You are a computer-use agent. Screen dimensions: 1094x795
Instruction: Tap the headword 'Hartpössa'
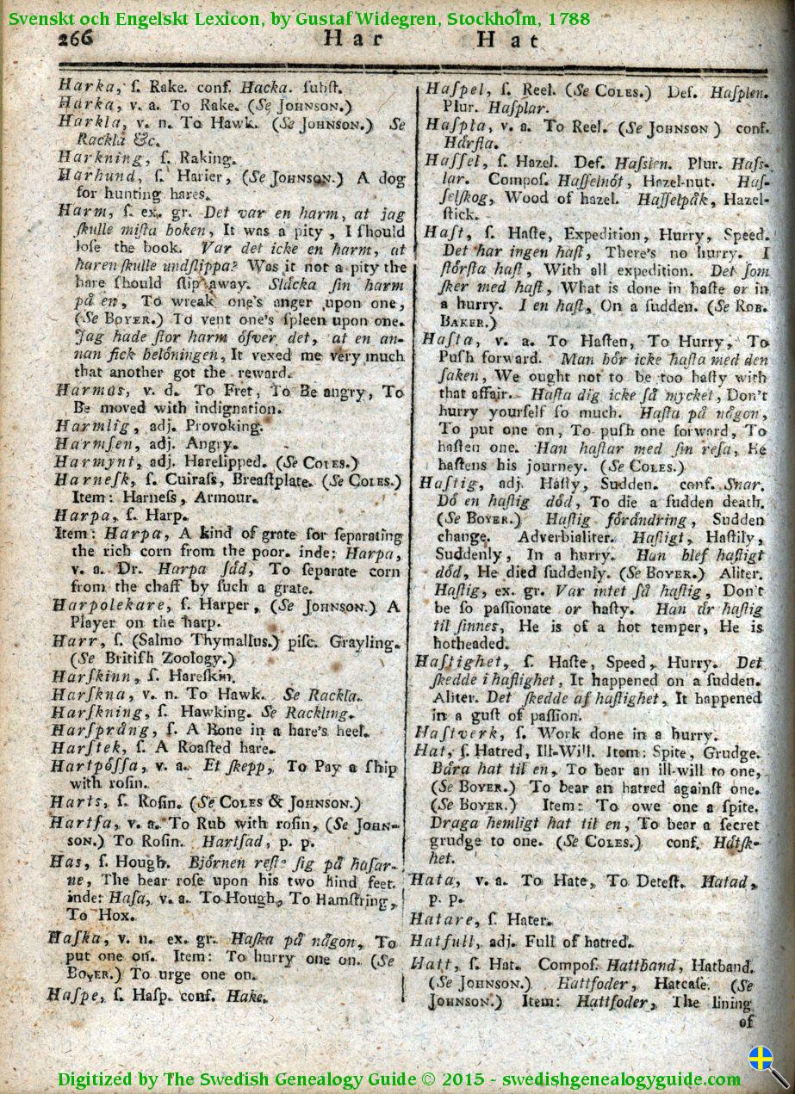pyautogui.click(x=92, y=766)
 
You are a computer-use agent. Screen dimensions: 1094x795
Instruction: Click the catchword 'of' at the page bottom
pyautogui.click(x=746, y=1022)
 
